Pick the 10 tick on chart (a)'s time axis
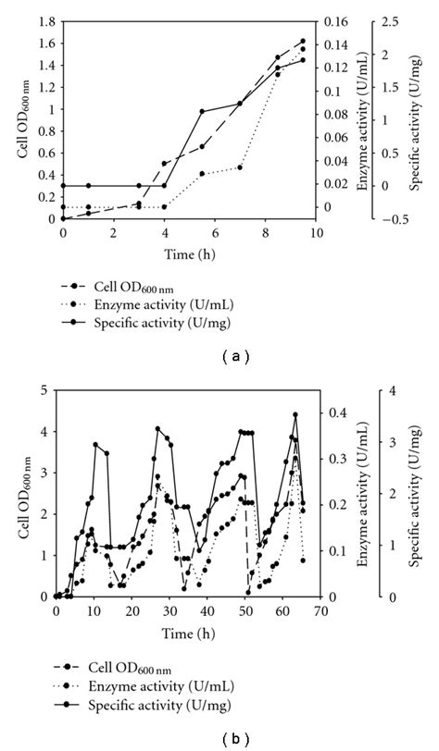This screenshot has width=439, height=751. click(317, 234)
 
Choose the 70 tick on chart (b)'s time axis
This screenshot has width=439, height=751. click(320, 610)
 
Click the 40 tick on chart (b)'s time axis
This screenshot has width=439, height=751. click(207, 610)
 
